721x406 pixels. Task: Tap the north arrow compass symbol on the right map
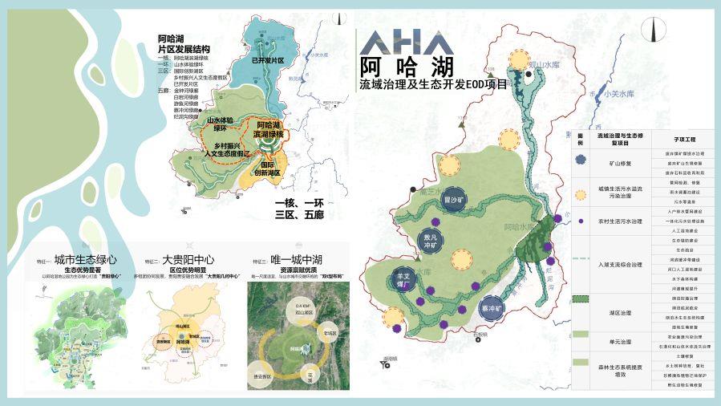pos(653,31)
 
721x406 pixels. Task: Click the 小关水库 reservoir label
pos(618,94)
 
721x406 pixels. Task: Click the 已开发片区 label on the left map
pos(267,61)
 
